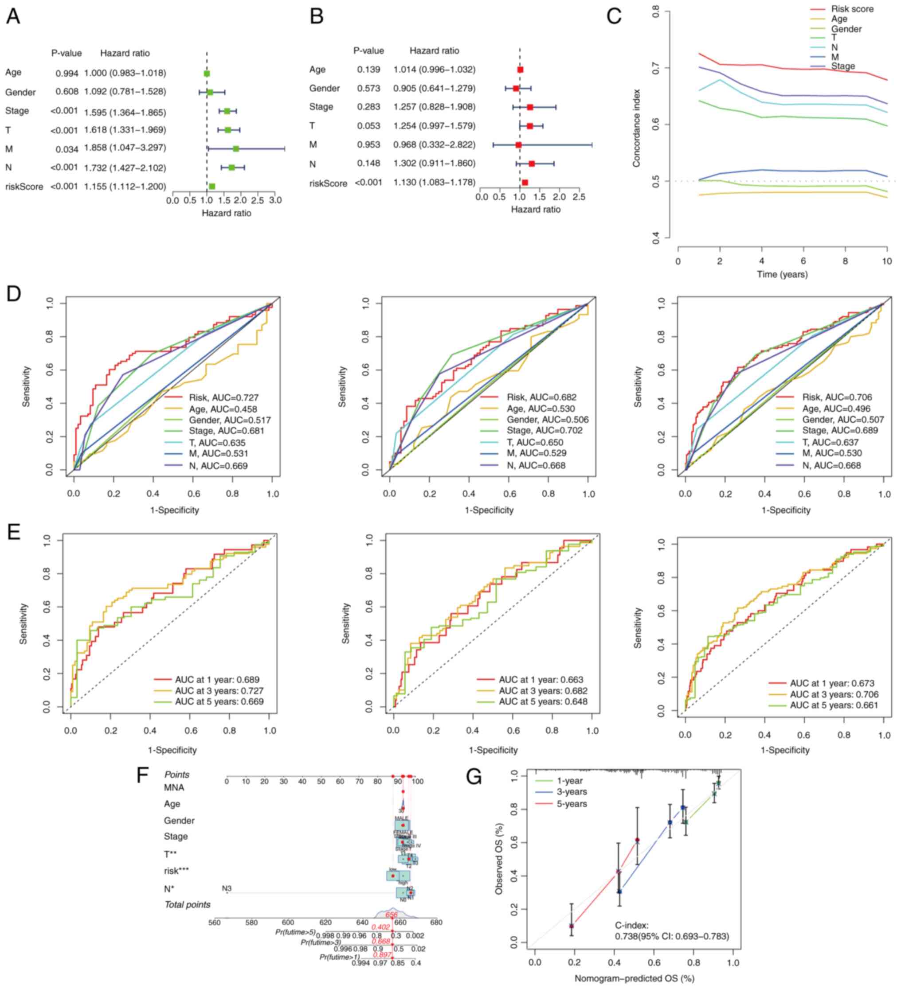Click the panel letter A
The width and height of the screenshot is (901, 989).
point(13,17)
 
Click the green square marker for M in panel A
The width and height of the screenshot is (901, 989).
point(236,148)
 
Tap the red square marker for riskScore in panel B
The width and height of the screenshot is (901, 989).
point(525,183)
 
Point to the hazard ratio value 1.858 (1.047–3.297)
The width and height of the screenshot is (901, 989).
point(125,148)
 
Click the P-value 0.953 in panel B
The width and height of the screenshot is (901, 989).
point(368,145)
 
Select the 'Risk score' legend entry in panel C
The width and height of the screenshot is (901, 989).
point(852,9)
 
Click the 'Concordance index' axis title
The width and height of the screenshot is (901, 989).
point(636,128)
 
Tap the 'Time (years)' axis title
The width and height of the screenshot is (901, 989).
point(782,274)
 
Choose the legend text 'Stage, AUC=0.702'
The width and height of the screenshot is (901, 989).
point(545,431)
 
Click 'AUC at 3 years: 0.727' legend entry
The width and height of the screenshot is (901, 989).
point(219,691)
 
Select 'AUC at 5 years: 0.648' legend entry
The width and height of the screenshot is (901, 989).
point(543,701)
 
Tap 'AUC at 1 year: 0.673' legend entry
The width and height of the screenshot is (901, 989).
point(832,683)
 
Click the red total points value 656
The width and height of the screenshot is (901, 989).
point(392,915)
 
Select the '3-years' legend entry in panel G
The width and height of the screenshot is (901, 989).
point(572,792)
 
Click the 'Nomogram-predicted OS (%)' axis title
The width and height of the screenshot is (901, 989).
point(635,978)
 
